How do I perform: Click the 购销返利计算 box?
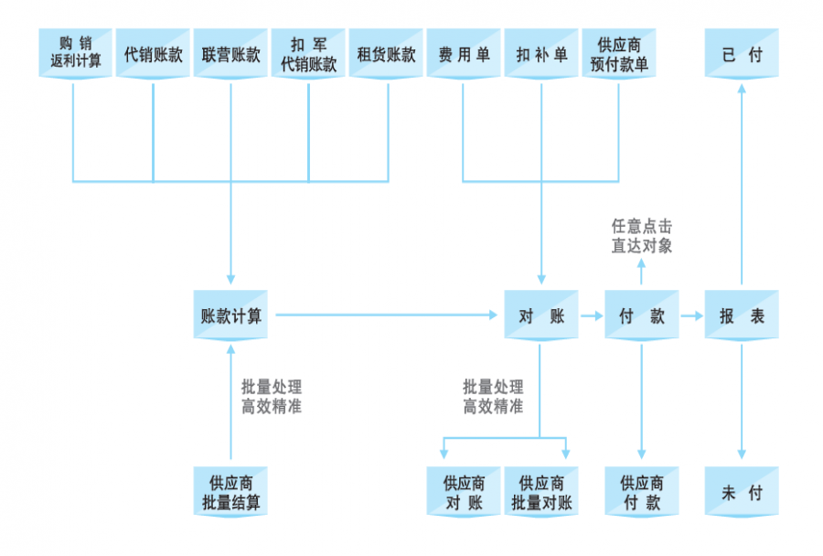76,54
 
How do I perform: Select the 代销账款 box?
154,54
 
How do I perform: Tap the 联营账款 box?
231,54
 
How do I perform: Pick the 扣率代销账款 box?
309,54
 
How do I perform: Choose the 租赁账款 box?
387,54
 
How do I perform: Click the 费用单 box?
464,54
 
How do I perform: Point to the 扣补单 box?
541,54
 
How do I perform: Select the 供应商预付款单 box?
619,54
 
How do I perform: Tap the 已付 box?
742,54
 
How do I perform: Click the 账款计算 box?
230,315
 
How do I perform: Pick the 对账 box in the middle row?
541,315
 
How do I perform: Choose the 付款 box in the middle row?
641,315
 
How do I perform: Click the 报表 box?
742,315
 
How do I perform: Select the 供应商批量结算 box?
230,492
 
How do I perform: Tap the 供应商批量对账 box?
541,492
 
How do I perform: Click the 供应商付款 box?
641,492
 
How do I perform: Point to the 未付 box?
742,492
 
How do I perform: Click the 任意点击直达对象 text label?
641,236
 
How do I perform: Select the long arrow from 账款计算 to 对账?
384,315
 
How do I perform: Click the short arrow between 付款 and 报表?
691,315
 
